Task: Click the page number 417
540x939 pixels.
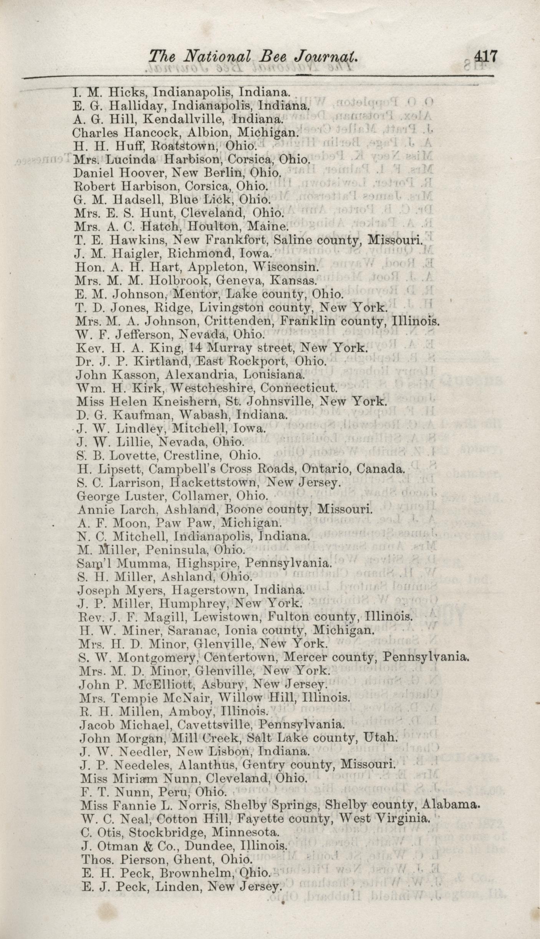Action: point(485,57)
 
